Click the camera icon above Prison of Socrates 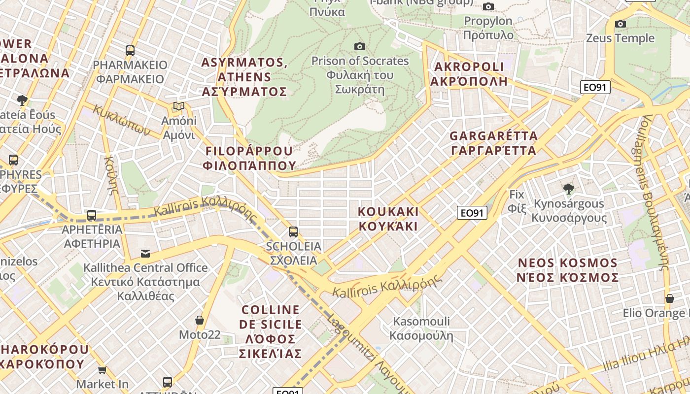pos(360,46)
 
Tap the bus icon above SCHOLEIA pos(293,231)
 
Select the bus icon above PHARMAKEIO pos(130,50)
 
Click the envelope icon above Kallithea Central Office pos(145,253)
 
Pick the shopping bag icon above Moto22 pos(200,320)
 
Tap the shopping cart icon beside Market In pos(102,369)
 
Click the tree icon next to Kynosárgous pos(569,189)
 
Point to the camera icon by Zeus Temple pos(621,24)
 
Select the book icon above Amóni pos(179,106)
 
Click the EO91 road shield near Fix pos(472,213)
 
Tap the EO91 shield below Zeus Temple pos(595,87)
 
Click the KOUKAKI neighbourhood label pos(388,219)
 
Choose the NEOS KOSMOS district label pos(567,270)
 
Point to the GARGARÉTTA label pos(493,143)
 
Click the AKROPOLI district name pos(469,74)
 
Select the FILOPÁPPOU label pos(249,158)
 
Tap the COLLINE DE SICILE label pos(270,331)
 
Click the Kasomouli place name pos(421,328)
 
